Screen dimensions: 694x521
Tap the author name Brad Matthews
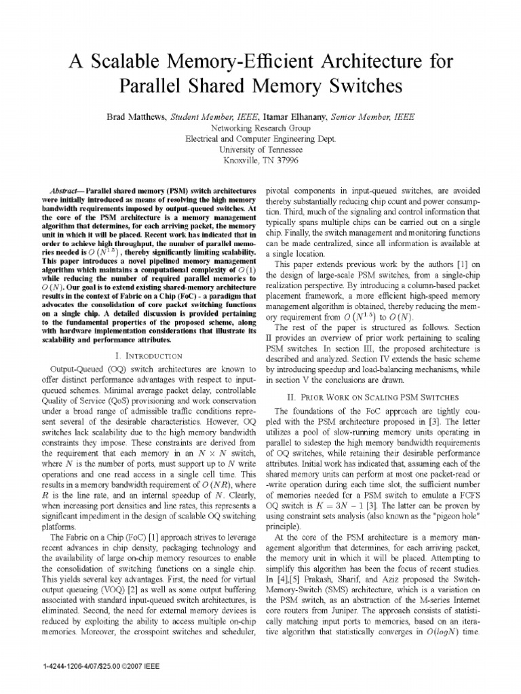[136, 117]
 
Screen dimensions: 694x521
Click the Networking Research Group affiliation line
[260, 127]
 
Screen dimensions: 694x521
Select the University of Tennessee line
[260, 149]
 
